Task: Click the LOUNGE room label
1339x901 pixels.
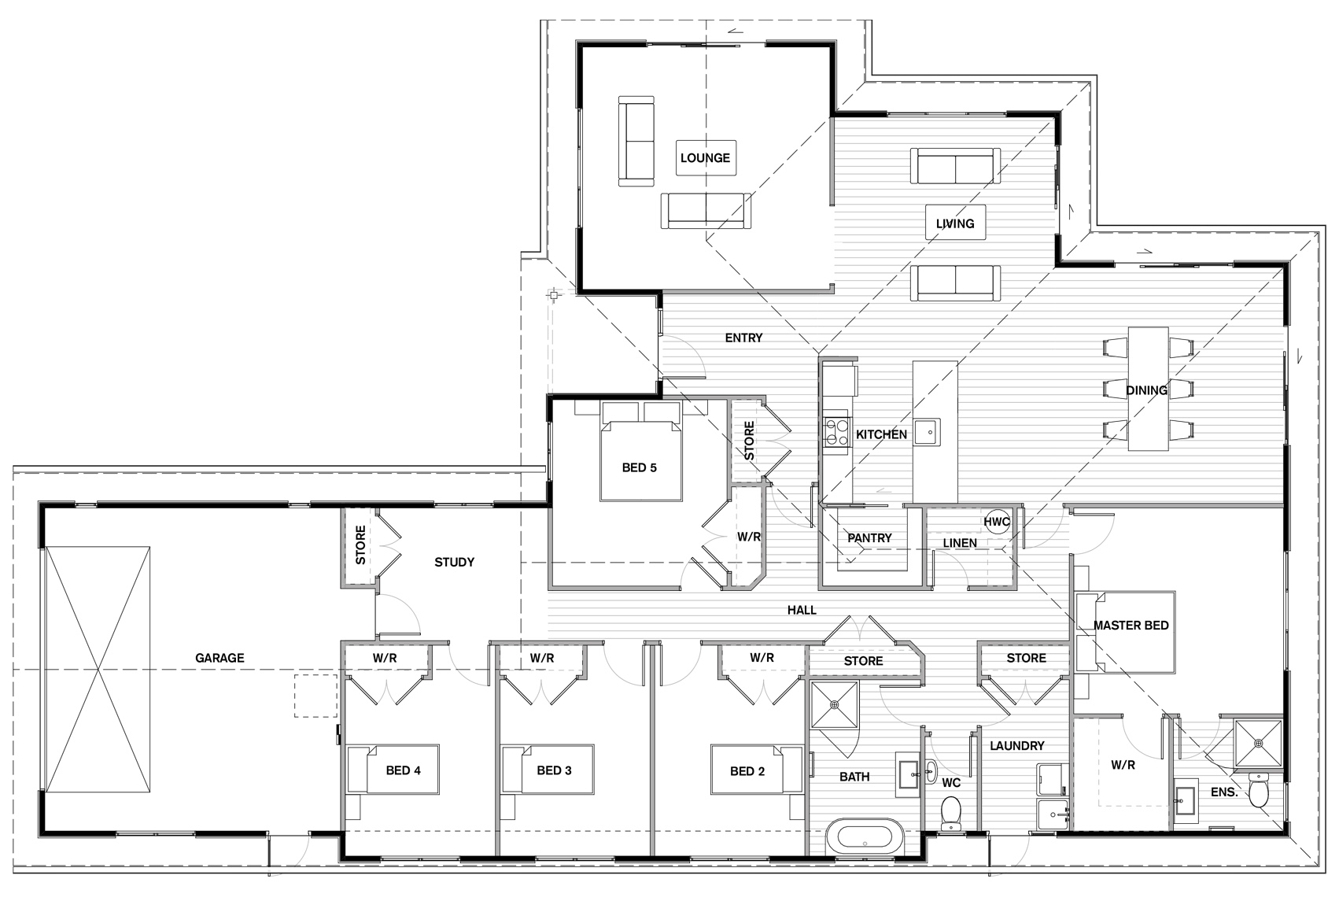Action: tap(706, 158)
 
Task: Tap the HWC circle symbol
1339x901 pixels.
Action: tap(997, 522)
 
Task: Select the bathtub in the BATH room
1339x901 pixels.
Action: tap(865, 836)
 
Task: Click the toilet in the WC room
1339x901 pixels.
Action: tap(950, 813)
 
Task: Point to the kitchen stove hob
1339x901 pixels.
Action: tap(836, 432)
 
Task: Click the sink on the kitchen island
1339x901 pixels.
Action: tap(927, 432)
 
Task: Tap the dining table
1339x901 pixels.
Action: tap(1148, 389)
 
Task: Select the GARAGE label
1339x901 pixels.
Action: tap(219, 659)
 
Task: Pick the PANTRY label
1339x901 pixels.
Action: tap(869, 538)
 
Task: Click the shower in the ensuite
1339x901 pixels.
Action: tap(1258, 743)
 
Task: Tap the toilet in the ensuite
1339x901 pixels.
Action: tap(1258, 789)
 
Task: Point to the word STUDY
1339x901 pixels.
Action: tap(454, 562)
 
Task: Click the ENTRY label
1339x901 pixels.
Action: tap(743, 338)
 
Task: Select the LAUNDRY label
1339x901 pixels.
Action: tap(1016, 745)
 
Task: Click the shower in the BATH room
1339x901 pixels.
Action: tap(835, 704)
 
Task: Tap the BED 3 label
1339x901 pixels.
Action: tap(554, 770)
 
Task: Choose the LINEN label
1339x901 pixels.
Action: tap(960, 543)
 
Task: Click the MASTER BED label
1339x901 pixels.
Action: tap(1131, 626)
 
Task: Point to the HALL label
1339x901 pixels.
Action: tap(802, 610)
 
